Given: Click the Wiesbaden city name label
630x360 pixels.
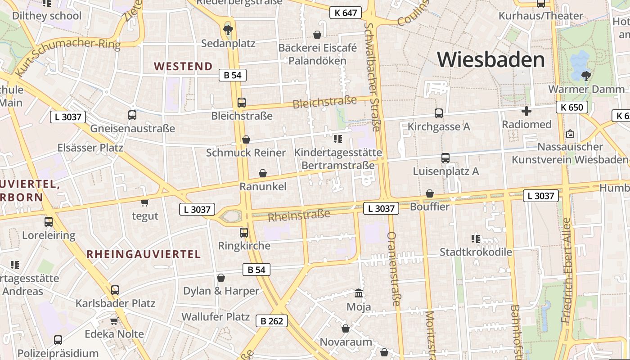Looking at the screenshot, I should click(490, 60).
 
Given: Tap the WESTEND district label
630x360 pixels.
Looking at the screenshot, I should click(183, 67).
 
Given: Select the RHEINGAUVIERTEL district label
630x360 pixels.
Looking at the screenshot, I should click(144, 254).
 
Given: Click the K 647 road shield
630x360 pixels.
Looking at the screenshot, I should click(346, 13).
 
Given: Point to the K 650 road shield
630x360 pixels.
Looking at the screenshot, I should click(571, 107).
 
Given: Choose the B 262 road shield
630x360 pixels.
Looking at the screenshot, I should click(272, 321).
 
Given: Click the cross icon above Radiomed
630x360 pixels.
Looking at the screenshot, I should click(526, 111).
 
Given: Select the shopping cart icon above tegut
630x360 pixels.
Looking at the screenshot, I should click(144, 203).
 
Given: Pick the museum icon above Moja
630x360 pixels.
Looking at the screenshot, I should click(359, 293).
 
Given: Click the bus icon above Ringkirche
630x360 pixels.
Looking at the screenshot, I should click(243, 233).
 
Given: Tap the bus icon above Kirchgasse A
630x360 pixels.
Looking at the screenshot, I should click(438, 113).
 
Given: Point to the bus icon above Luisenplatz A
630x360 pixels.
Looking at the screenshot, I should click(445, 158).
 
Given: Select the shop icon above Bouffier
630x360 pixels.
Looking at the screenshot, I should click(430, 193).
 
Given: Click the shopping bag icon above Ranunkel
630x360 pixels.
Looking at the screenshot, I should click(263, 173).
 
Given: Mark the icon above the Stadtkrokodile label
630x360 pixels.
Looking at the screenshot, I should click(476, 238).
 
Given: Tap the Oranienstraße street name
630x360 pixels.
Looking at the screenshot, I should click(393, 269).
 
